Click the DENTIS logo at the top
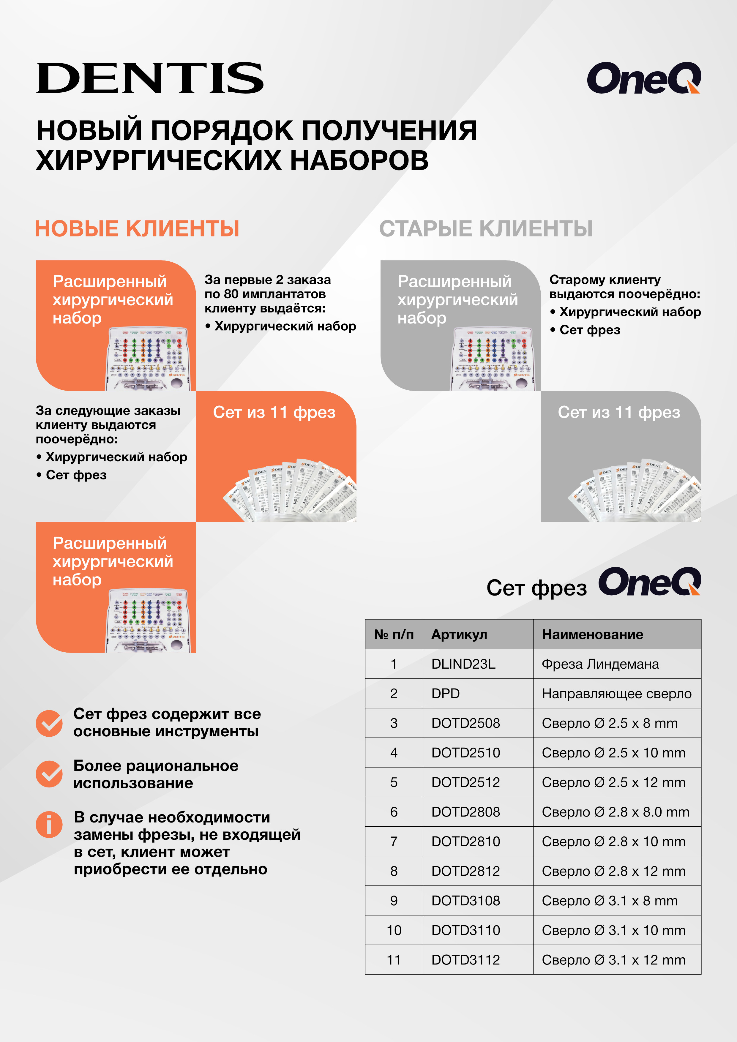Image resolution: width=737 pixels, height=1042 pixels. (149, 78)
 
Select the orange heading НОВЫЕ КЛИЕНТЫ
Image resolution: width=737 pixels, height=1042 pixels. (137, 228)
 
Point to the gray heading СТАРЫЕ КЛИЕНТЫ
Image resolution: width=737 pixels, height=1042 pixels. (486, 228)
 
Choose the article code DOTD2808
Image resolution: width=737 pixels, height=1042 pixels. (465, 812)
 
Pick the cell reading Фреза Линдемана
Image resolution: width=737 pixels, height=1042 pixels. (600, 664)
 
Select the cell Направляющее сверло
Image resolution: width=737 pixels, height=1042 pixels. (616, 694)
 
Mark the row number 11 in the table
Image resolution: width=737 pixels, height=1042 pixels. (394, 959)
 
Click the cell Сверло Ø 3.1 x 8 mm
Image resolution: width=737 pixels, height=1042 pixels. (610, 900)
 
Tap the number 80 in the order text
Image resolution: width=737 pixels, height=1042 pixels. (231, 294)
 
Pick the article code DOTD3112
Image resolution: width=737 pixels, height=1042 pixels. (465, 959)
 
